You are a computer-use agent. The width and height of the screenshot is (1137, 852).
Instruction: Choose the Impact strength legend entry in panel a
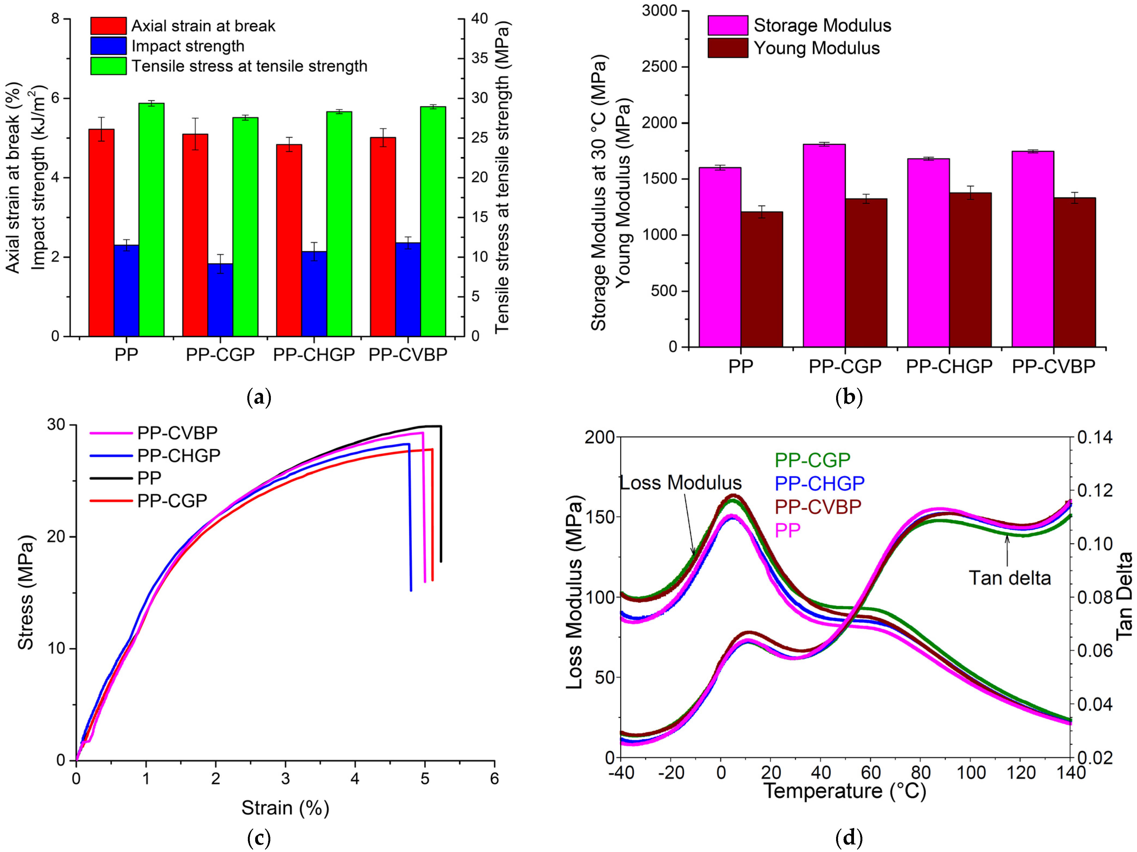click(188, 46)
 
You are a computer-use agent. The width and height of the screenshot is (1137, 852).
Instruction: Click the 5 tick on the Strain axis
click(425, 779)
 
